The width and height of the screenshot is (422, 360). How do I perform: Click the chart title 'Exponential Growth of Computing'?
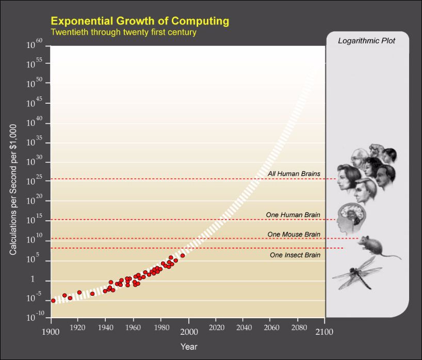click(140, 21)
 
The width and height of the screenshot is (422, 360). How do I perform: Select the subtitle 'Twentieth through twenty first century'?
click(123, 32)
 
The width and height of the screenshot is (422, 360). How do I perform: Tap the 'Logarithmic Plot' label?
click(366, 41)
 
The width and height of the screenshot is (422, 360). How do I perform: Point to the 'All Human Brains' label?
click(294, 174)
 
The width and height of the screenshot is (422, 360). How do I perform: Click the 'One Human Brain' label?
click(293, 215)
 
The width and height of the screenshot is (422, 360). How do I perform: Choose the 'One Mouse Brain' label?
click(294, 234)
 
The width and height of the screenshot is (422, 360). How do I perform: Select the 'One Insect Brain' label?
click(295, 255)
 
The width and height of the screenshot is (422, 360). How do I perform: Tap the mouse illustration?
click(378, 246)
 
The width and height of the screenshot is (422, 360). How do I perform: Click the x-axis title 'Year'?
click(189, 347)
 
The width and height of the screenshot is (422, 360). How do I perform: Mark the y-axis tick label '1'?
click(32, 280)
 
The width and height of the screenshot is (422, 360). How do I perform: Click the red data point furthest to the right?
click(183, 255)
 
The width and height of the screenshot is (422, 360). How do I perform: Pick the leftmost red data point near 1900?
click(53, 300)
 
